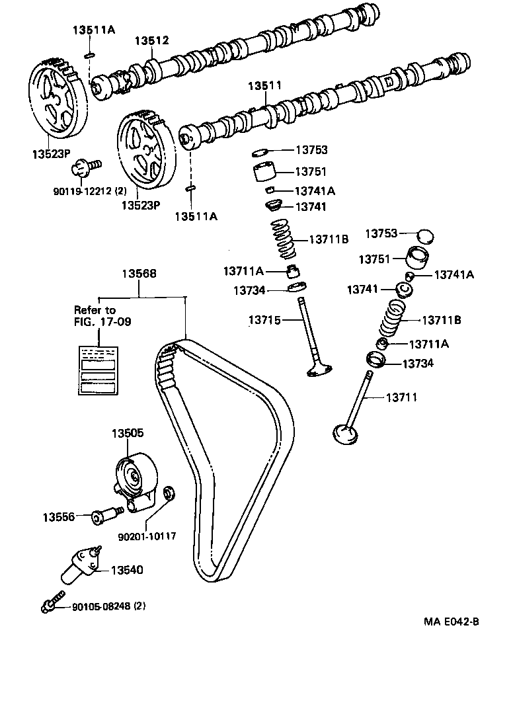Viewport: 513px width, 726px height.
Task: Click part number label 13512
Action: coord(152,41)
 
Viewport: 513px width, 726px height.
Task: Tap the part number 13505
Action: coord(127,433)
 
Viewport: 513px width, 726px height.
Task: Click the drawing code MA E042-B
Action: coord(452,622)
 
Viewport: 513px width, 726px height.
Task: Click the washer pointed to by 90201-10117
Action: coord(169,492)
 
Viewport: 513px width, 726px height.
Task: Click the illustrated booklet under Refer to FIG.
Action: coord(98,370)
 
